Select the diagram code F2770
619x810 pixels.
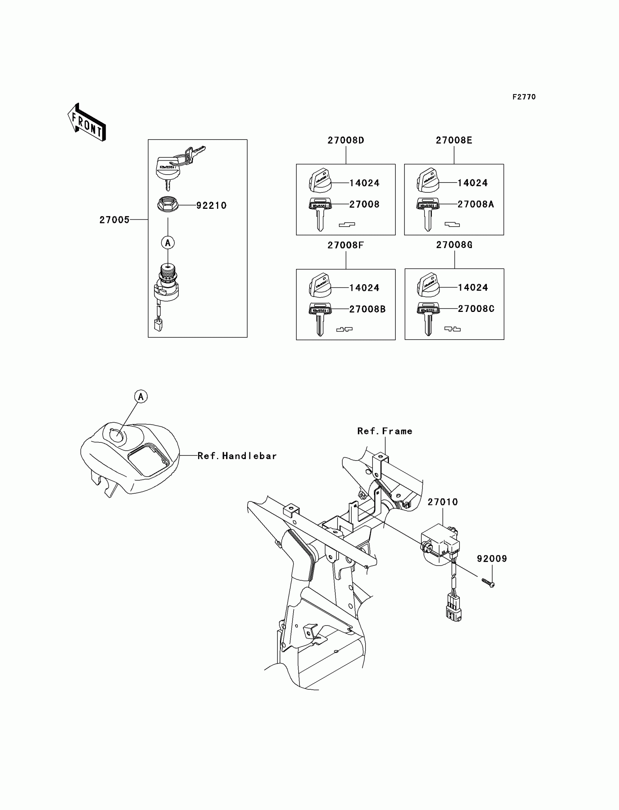(524, 97)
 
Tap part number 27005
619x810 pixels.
(114, 220)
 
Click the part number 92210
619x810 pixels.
(211, 206)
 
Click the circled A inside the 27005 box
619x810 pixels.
(167, 243)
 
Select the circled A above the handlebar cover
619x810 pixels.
(141, 397)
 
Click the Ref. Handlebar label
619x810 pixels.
(237, 456)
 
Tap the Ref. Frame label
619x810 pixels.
(385, 431)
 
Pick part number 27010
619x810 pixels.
(442, 502)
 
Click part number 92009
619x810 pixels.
(492, 559)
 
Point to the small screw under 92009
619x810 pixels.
(488, 583)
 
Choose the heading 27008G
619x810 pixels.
(454, 245)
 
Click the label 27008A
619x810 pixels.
(475, 204)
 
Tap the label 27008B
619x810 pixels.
(367, 309)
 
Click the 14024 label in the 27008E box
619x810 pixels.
(472, 183)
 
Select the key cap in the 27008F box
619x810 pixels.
(320, 286)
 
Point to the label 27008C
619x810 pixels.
(476, 309)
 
